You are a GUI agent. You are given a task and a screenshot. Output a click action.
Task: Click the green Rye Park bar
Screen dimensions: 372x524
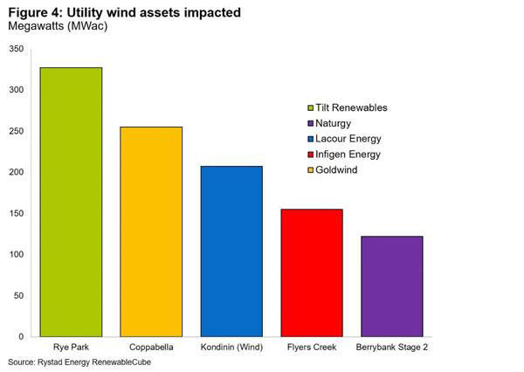(x=71, y=202)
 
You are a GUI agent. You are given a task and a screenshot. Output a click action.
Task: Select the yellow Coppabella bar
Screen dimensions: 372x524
(x=151, y=231)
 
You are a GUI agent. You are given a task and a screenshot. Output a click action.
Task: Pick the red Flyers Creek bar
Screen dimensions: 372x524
(x=312, y=272)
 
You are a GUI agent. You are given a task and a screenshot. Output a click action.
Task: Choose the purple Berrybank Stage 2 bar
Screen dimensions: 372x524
(x=392, y=286)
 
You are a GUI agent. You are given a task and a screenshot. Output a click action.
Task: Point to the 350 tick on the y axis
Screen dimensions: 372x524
(x=17, y=49)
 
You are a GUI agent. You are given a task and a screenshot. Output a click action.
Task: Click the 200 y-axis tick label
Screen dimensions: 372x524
(x=17, y=172)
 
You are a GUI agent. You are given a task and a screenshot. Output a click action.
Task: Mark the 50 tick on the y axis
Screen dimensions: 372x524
(x=18, y=295)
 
